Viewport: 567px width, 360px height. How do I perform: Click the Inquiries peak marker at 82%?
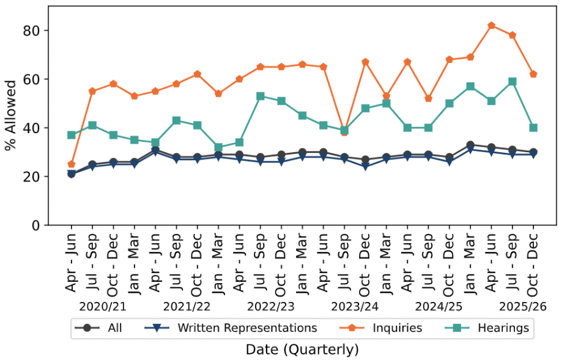(x=491, y=26)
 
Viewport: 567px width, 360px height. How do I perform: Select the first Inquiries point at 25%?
(x=72, y=164)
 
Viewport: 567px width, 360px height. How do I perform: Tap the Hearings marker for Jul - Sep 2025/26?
(x=513, y=82)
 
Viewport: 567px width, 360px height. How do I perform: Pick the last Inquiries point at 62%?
(x=533, y=74)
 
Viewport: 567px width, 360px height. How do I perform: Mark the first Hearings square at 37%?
(x=72, y=135)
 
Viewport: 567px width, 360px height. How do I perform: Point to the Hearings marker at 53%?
(x=261, y=96)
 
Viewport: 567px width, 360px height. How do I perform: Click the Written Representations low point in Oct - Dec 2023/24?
(x=365, y=167)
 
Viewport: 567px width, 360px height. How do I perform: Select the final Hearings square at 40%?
(x=533, y=128)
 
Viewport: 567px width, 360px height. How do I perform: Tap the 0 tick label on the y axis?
(x=36, y=226)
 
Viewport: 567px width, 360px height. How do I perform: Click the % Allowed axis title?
(x=10, y=116)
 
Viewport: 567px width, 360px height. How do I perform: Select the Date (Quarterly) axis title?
(x=302, y=350)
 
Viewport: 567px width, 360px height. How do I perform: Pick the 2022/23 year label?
(x=270, y=306)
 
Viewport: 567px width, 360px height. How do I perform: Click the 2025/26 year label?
(x=522, y=306)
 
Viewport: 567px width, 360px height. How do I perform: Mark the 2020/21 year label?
(x=102, y=306)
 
